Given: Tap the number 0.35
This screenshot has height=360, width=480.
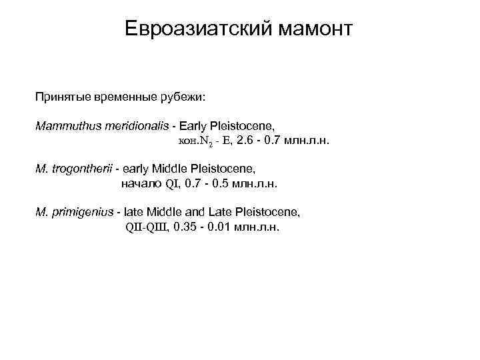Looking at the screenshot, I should pyautogui.click(x=185, y=227).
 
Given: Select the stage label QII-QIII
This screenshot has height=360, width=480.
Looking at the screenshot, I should pyautogui.click(x=147, y=227).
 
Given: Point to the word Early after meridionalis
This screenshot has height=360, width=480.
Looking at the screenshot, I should pyautogui.click(x=192, y=125).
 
